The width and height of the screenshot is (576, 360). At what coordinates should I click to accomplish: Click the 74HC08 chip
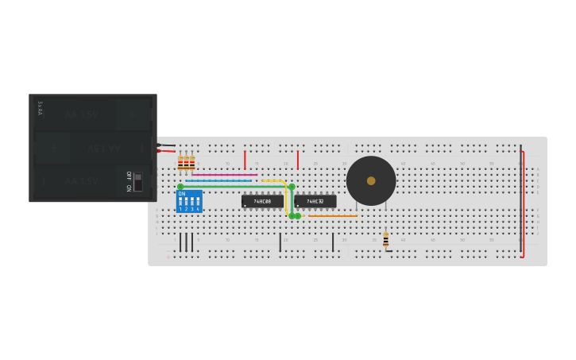coord(262,201)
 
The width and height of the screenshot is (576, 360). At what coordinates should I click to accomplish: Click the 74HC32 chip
coord(315,201)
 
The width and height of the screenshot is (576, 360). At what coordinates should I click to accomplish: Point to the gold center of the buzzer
coord(371,180)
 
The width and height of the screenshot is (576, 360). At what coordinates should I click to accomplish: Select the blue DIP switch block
coord(189,201)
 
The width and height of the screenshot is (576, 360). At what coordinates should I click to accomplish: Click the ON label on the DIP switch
coord(181,193)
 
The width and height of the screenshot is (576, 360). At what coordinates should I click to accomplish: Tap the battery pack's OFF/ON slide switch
coord(137,181)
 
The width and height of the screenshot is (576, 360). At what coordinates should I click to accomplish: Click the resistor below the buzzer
coord(385,239)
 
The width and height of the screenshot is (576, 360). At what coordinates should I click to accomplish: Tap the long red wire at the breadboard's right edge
coord(523,199)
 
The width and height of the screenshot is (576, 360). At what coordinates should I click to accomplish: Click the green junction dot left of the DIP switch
coord(180,187)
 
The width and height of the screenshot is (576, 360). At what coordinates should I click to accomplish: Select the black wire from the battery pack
coord(166,145)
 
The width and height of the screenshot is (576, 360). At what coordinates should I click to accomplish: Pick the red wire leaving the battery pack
coord(166,151)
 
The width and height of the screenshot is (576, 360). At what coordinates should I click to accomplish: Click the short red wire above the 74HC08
coord(245,160)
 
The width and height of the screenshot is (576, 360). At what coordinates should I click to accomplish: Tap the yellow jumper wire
coord(285,199)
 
